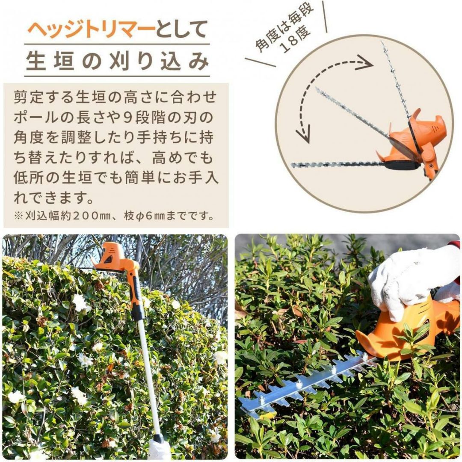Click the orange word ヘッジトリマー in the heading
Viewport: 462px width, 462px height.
coord(92,30)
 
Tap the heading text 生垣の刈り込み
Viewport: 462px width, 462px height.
coord(117,61)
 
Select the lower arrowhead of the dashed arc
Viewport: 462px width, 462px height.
coord(303,134)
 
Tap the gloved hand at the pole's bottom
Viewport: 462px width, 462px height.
coord(159,449)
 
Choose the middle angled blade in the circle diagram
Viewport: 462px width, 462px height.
coord(354,113)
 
